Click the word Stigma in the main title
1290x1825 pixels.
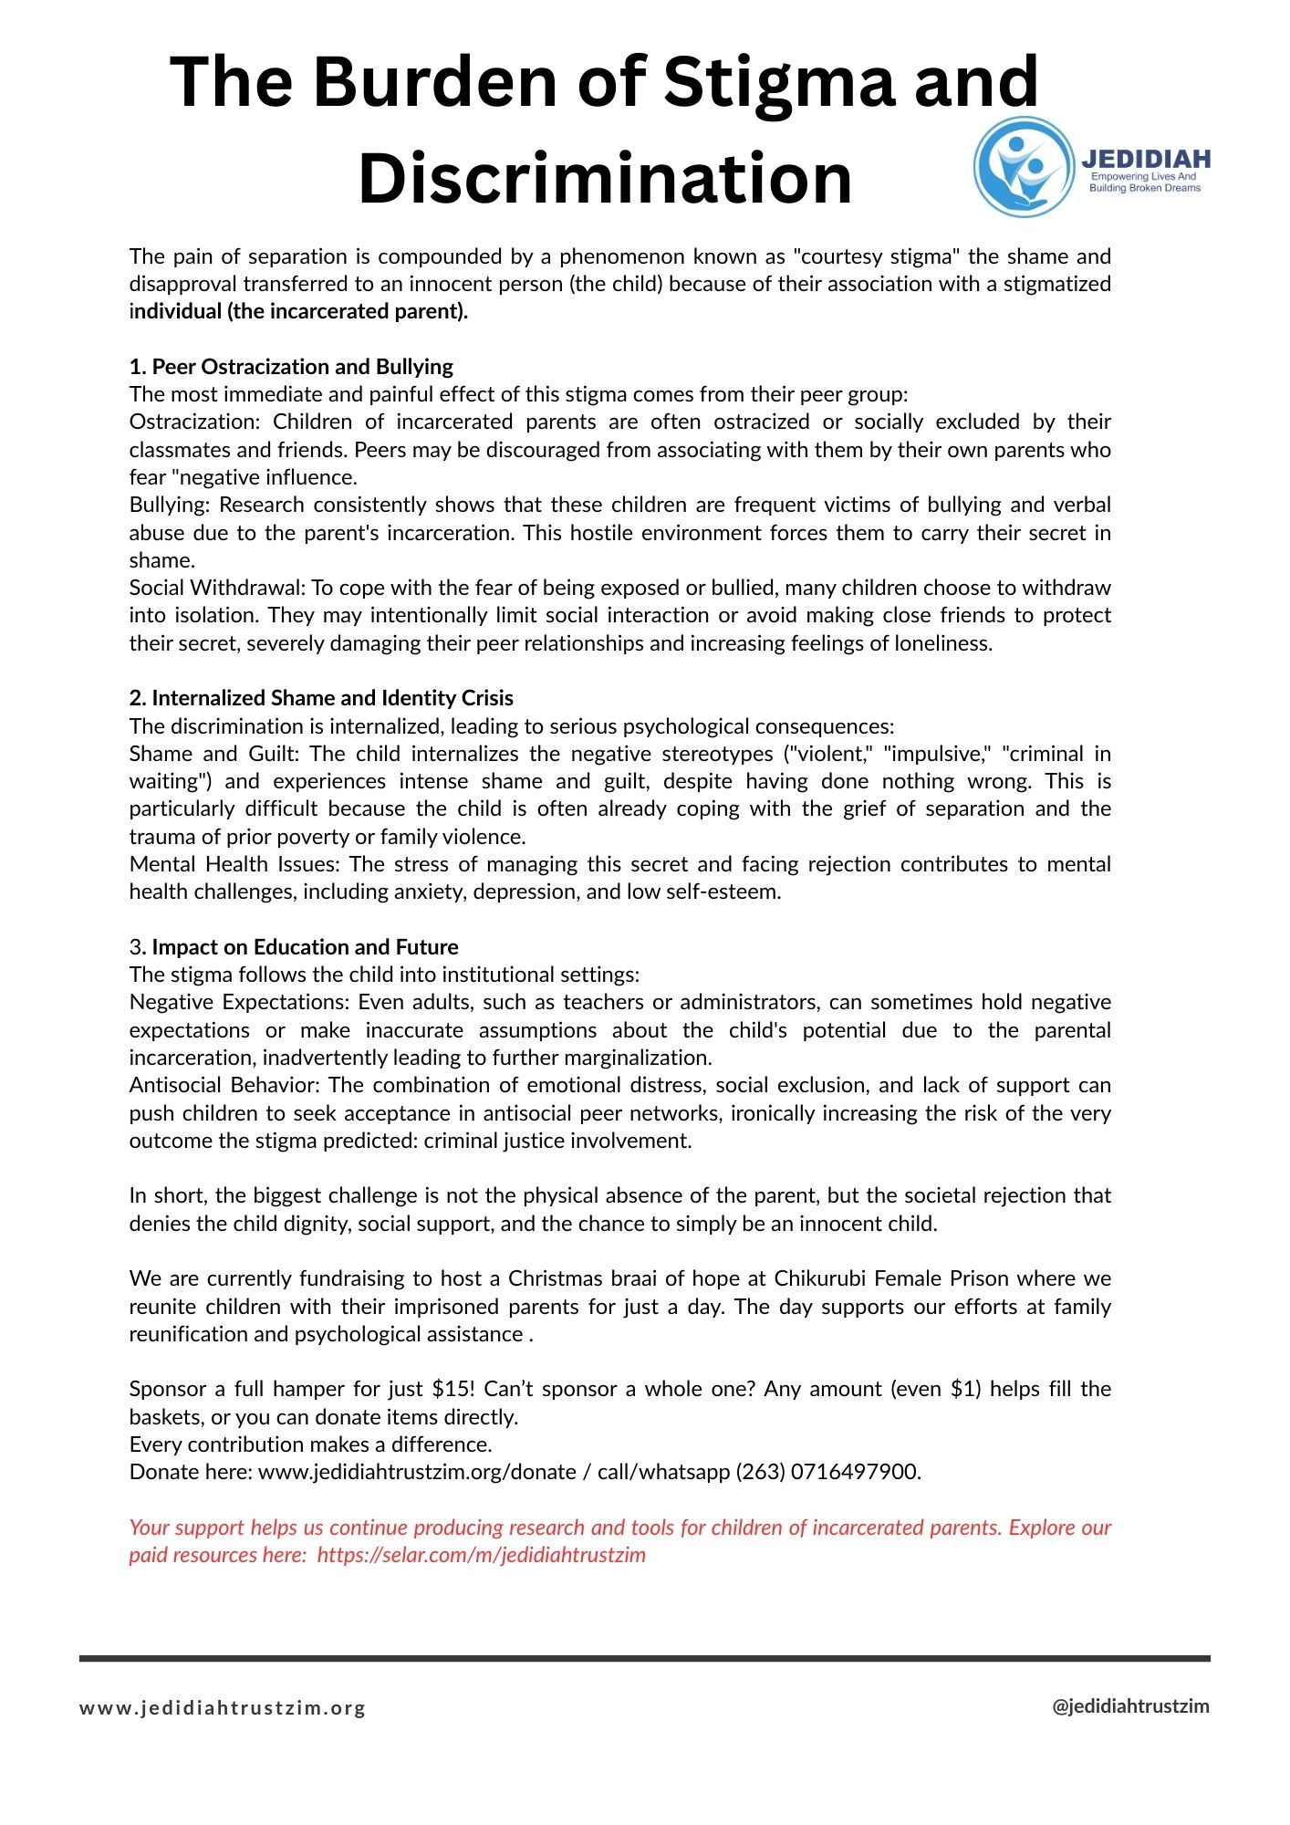[778, 82]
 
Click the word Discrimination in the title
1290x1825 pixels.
[605, 178]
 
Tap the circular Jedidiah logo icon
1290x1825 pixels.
[1024, 167]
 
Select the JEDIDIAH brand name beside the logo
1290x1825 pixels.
[1146, 159]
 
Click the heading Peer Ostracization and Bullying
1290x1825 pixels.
[302, 367]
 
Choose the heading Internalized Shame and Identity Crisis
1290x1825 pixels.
[332, 698]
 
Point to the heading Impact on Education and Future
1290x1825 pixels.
[305, 947]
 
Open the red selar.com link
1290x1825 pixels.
[481, 1555]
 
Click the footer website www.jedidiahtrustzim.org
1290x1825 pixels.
[223, 1708]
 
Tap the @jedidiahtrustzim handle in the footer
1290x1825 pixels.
[1130, 1706]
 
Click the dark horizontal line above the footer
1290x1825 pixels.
[644, 1658]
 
